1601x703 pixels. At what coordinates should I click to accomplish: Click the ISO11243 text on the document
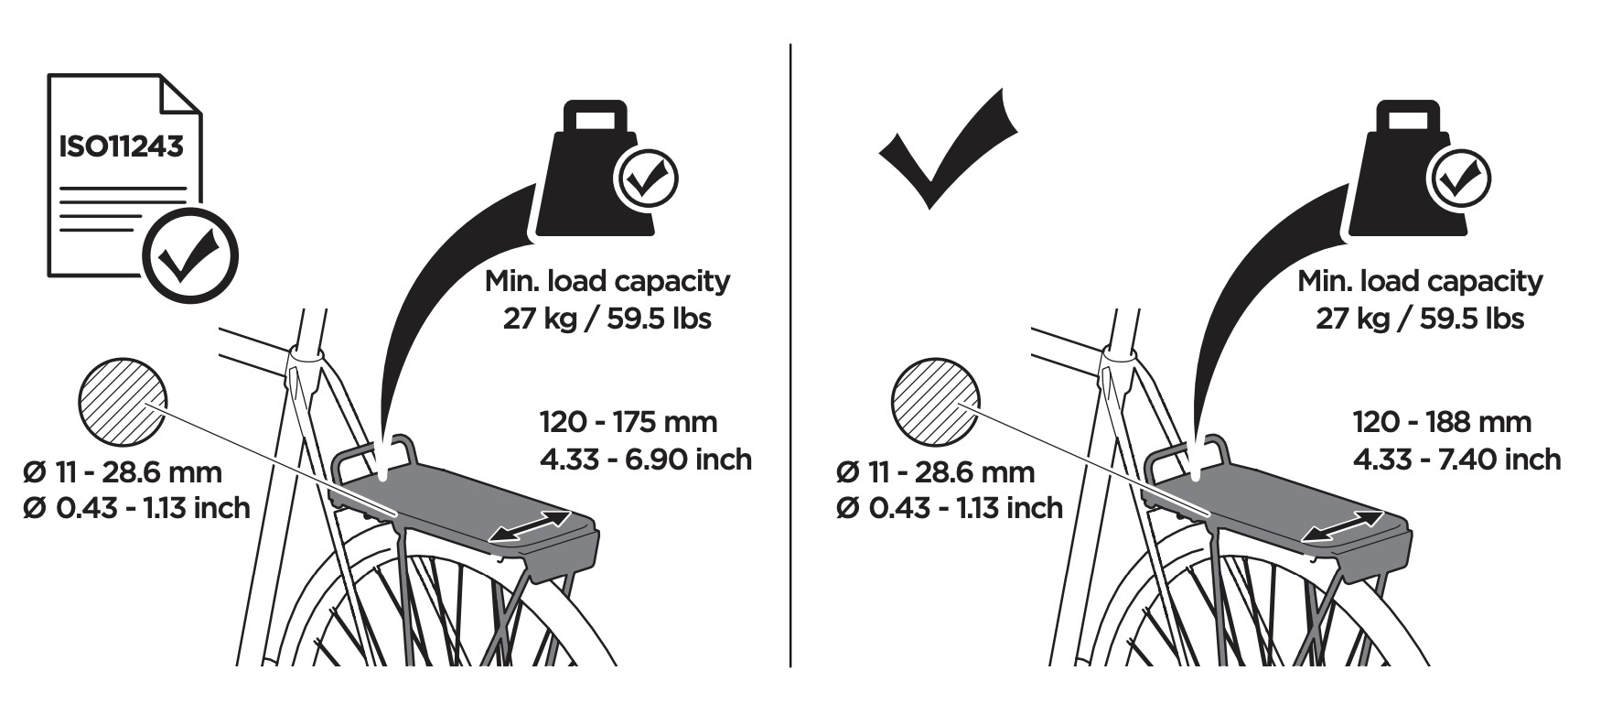[x=121, y=146]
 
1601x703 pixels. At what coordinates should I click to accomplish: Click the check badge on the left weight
[x=647, y=178]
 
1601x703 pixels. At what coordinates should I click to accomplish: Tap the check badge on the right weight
[x=1460, y=178]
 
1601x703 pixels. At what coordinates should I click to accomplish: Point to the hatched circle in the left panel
[x=124, y=402]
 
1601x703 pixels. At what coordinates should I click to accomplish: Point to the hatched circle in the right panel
[x=936, y=402]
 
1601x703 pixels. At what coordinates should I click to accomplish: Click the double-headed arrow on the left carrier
[x=531, y=526]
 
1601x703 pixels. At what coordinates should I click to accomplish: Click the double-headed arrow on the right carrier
[x=1343, y=526]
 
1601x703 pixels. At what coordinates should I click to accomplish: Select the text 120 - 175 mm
[x=629, y=421]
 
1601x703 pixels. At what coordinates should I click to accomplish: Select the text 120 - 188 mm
[x=1442, y=421]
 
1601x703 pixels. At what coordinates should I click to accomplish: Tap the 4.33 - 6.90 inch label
[x=646, y=458]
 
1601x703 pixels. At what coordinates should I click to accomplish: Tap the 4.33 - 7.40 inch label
[x=1457, y=458]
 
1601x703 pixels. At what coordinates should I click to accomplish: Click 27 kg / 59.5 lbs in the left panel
[x=607, y=319]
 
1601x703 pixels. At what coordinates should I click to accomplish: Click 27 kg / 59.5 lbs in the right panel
[x=1420, y=319]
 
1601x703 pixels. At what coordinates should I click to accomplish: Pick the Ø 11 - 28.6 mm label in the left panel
[x=123, y=472]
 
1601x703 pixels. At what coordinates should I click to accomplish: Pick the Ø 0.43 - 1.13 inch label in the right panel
[x=949, y=507]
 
